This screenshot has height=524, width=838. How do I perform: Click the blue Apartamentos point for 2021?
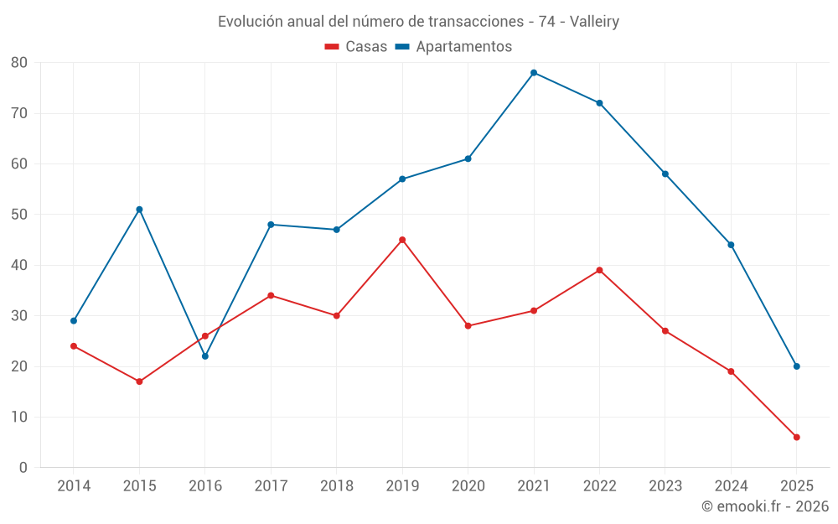534,73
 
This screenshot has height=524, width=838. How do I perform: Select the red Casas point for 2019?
402,240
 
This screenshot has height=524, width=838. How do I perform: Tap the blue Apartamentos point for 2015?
139,210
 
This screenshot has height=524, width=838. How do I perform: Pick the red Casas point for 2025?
796,438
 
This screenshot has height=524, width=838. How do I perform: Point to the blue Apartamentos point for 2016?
205,356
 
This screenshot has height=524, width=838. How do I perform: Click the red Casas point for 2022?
599,270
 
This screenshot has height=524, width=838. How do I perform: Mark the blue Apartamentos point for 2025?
796,366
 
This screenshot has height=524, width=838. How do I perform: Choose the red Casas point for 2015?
139,381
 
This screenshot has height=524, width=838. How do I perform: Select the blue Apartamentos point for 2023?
665,174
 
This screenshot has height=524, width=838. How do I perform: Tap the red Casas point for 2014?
74,346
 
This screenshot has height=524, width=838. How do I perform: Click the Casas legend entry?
356,47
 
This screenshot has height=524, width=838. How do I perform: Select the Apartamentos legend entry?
453,47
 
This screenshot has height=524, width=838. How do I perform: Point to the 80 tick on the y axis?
19,63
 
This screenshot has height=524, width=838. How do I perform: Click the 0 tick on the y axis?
23,468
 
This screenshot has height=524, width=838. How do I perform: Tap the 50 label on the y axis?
19,215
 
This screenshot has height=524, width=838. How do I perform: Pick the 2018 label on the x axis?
336,486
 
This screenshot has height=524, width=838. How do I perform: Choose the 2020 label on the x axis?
468,486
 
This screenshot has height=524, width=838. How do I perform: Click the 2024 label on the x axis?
731,486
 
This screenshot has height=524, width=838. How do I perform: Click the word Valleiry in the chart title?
594,22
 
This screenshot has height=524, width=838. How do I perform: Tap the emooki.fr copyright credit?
765,506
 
